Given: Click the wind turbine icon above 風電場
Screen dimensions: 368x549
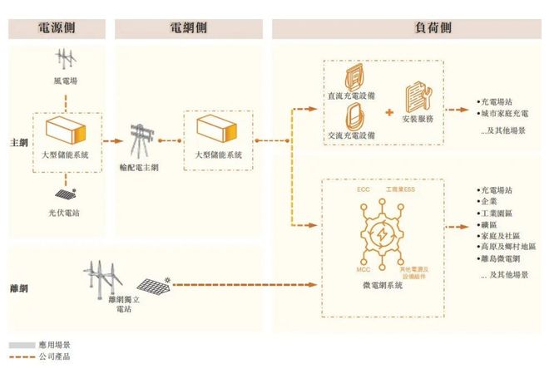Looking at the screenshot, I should [64, 61].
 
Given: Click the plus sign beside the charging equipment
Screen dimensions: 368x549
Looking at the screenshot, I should [389, 110].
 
